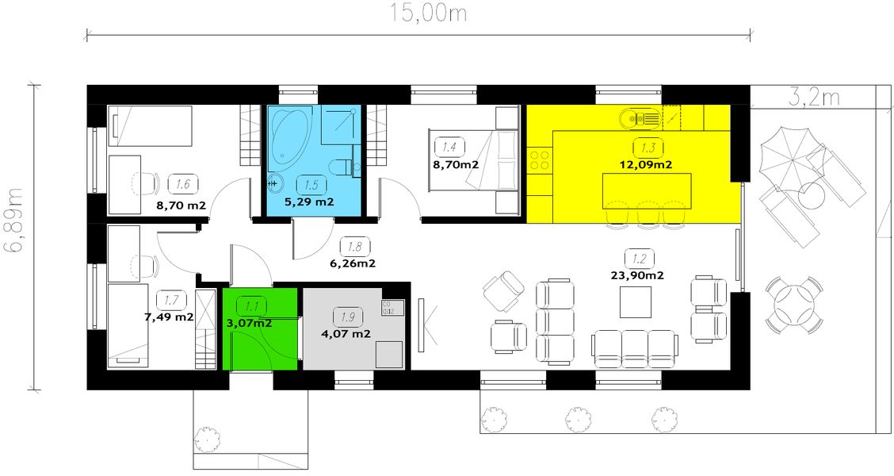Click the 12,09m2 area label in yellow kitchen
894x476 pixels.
646,166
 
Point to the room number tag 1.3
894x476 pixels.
647,148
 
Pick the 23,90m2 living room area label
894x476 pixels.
637,276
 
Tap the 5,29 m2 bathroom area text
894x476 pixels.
308,202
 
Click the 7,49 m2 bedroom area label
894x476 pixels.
168,317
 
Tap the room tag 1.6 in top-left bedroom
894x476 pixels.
182,185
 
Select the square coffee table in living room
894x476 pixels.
636,301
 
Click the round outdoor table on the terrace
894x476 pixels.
794,305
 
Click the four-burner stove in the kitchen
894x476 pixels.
540,161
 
